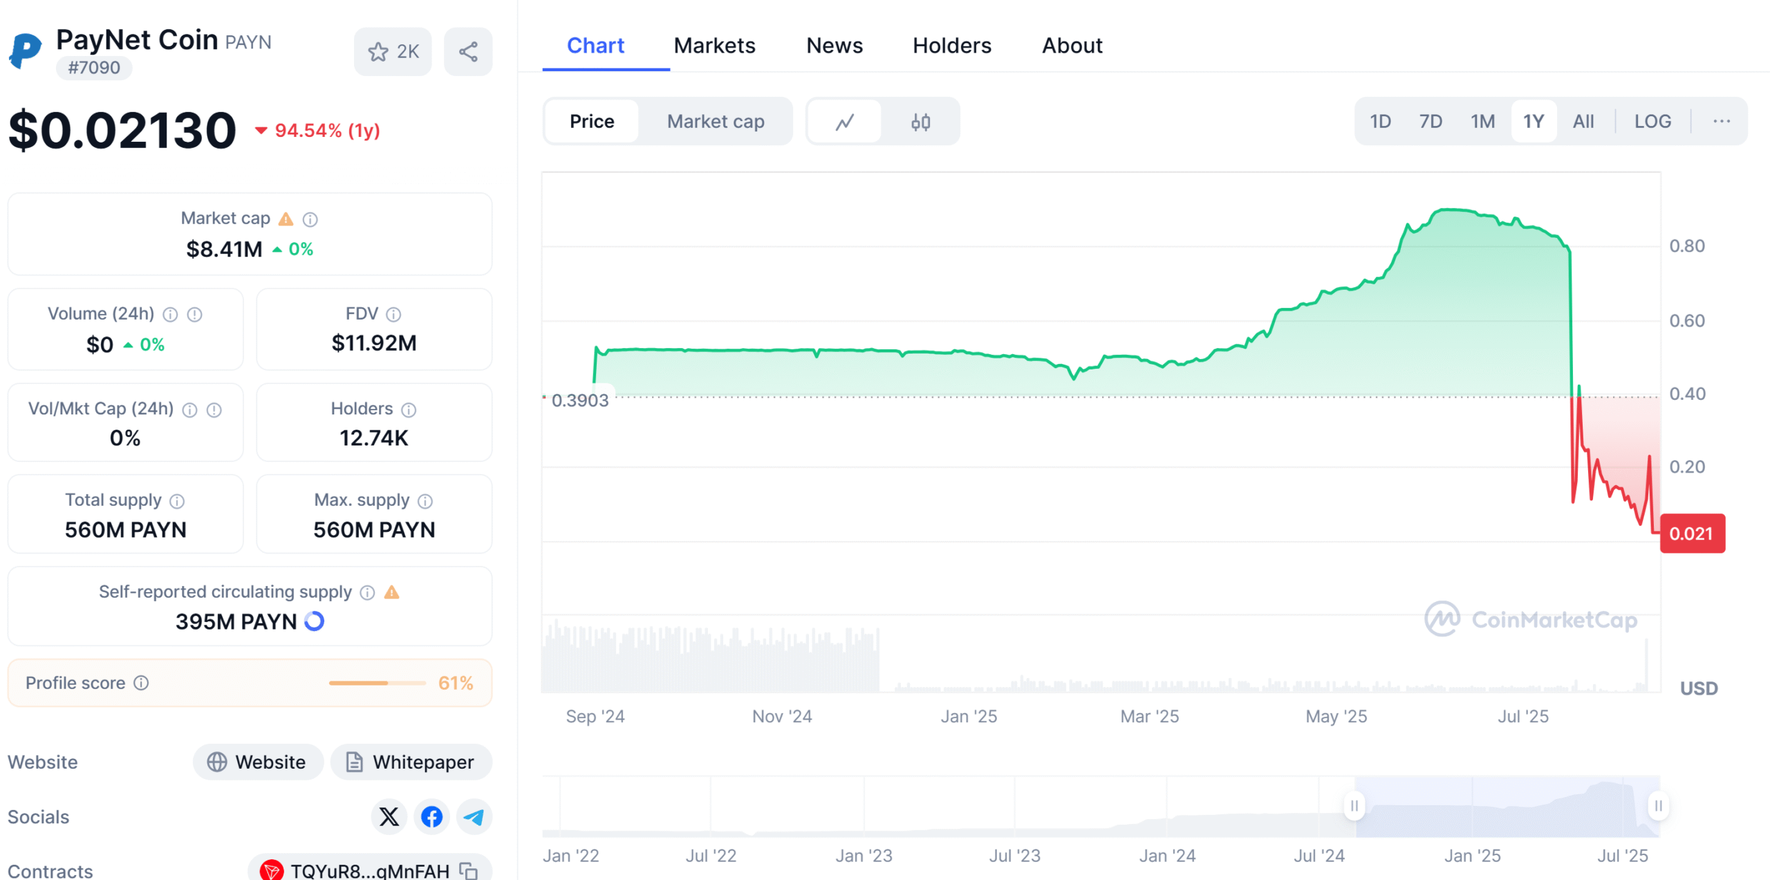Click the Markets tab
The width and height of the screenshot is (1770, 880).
[x=714, y=46]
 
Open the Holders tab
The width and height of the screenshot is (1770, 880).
[x=951, y=46]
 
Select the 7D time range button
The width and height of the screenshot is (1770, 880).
[x=1430, y=122]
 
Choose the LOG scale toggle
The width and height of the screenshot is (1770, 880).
[x=1652, y=122]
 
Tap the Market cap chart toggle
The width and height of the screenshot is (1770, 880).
[x=715, y=122]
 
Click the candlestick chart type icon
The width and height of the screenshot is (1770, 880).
[x=920, y=122]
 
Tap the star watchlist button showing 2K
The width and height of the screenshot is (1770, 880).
[x=393, y=52]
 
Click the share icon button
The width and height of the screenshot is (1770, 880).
[x=468, y=52]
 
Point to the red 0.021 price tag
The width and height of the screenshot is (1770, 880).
[x=1691, y=533]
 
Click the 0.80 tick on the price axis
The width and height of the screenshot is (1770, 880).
[x=1686, y=246]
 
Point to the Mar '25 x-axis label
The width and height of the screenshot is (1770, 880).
[x=1149, y=716]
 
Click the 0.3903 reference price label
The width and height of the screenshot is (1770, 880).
[x=579, y=401]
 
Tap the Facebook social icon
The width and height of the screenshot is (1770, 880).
[x=431, y=817]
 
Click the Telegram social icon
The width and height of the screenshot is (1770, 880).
[x=474, y=817]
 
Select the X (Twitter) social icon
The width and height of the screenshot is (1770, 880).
[x=389, y=817]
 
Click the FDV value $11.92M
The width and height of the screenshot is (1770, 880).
[x=374, y=343]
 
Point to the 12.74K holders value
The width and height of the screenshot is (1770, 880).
[x=374, y=438]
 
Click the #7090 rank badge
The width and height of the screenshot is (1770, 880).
[x=94, y=68]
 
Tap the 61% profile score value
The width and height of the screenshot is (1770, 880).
[x=456, y=683]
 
